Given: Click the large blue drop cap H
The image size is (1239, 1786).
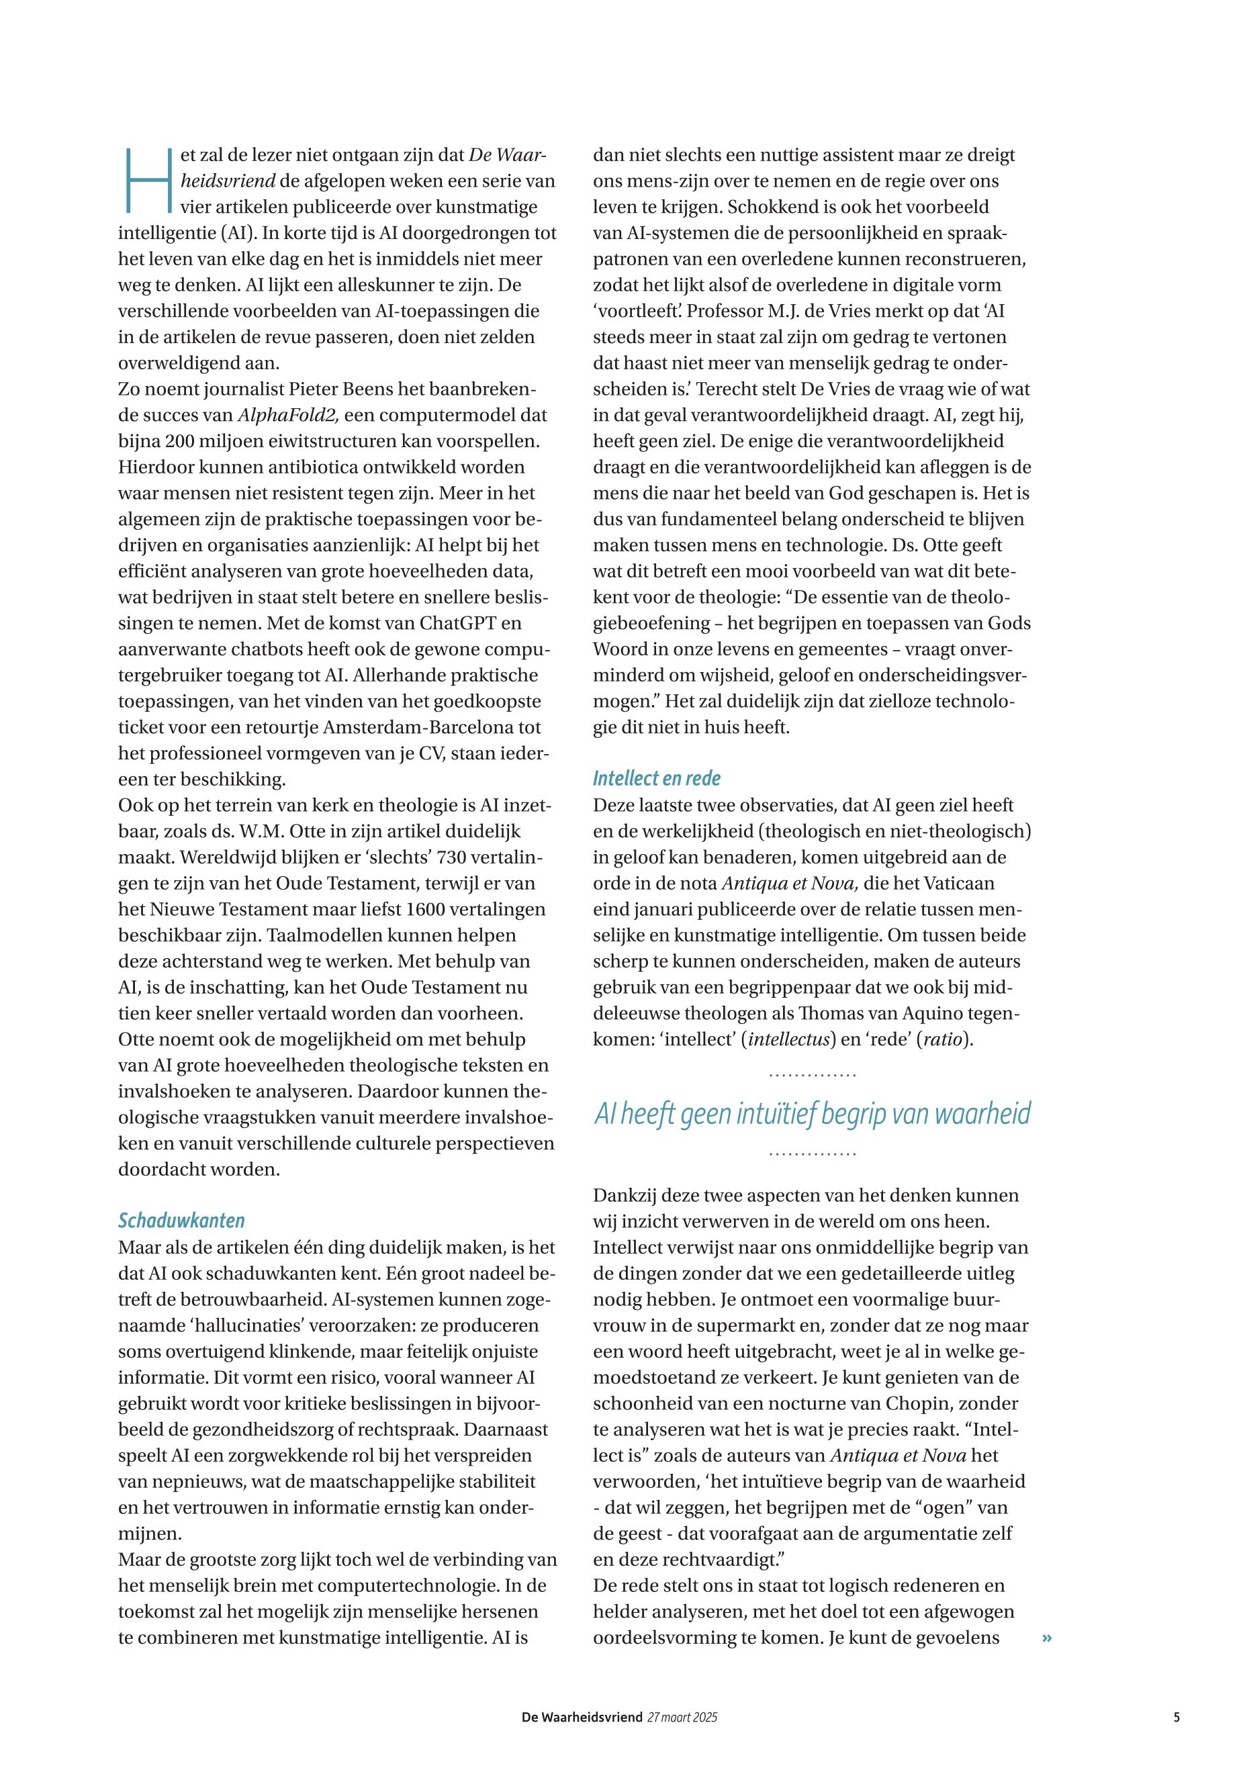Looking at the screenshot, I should (x=146, y=180).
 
